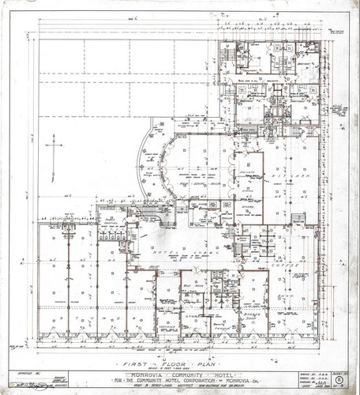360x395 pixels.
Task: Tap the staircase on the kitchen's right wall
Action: tap(298, 218)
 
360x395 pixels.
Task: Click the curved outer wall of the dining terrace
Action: tap(141, 158)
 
